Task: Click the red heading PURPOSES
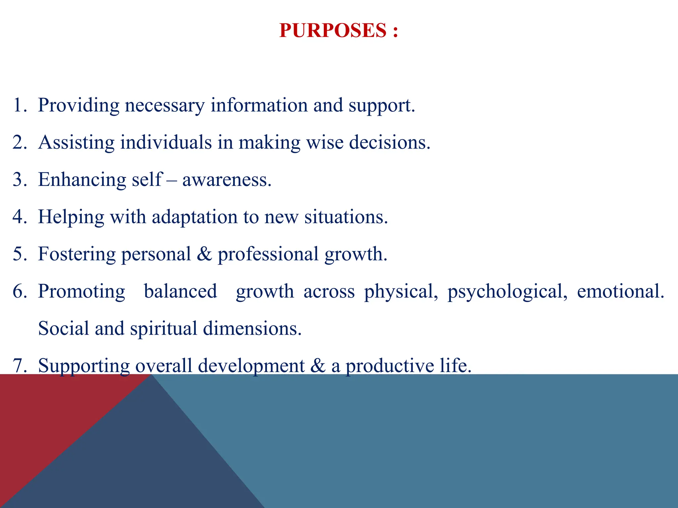click(332, 30)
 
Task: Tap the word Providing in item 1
click(78, 106)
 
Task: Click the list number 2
click(20, 143)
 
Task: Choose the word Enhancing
click(82, 180)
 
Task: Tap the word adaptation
click(194, 217)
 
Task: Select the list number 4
click(20, 217)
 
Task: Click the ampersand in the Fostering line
click(204, 255)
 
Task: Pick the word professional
click(268, 255)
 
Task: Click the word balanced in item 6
click(180, 292)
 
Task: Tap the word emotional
click(620, 292)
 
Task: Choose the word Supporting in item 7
click(84, 366)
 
